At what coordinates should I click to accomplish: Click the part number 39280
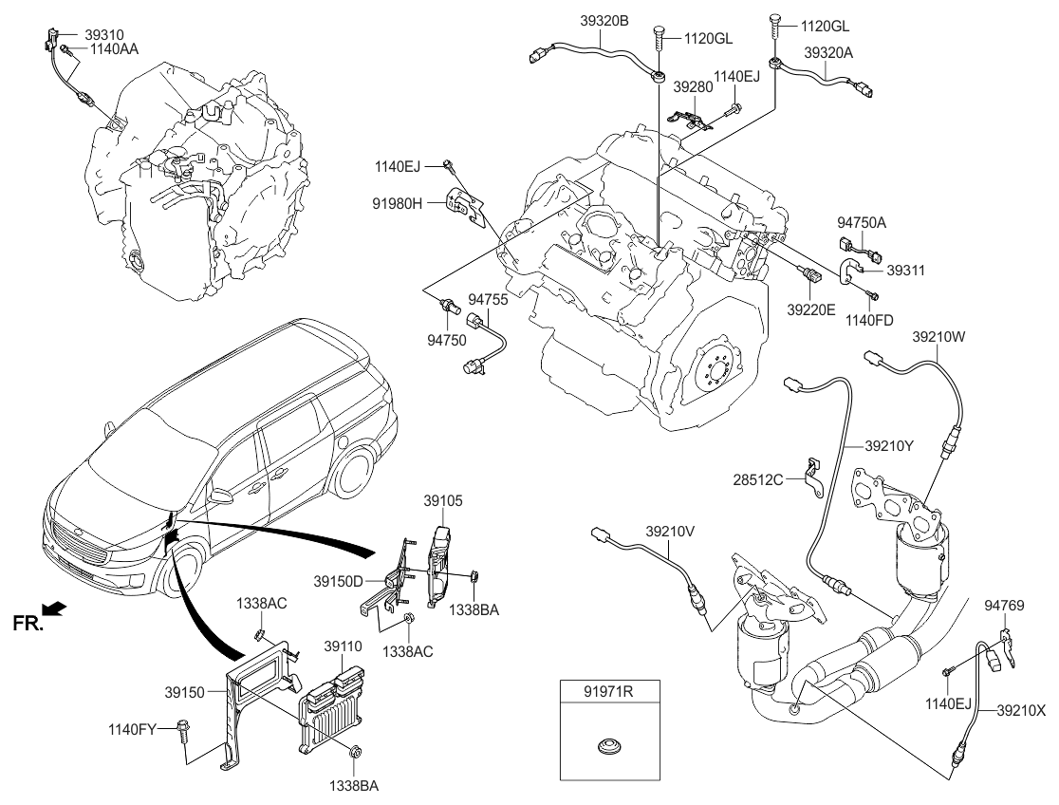tap(692, 86)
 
